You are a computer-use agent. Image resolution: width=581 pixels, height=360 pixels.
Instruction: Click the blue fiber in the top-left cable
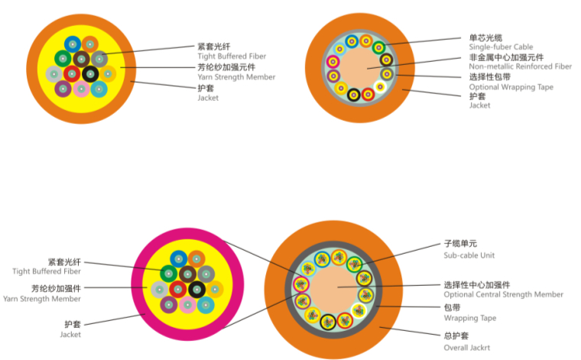point(73,44)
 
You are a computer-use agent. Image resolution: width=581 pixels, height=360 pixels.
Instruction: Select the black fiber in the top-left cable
point(90,73)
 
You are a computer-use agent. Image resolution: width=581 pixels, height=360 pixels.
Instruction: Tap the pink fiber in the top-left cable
point(81,89)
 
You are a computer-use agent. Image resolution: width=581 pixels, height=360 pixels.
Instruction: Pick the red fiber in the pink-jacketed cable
point(177,289)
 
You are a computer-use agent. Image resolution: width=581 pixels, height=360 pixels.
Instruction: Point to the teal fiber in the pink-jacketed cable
point(206,305)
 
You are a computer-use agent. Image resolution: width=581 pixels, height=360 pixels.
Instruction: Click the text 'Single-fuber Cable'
point(501,47)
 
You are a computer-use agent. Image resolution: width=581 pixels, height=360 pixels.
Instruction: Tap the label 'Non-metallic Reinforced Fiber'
point(520,66)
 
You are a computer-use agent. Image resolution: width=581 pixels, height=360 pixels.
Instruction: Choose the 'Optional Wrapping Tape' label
point(511,86)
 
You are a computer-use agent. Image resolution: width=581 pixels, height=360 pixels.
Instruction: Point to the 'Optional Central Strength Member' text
point(503,294)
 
